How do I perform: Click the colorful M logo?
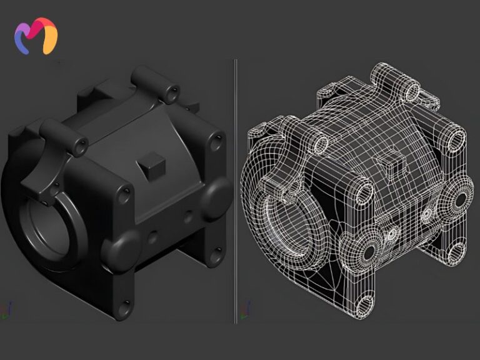coord(36,36)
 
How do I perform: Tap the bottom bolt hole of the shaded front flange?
coord(127,306)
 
